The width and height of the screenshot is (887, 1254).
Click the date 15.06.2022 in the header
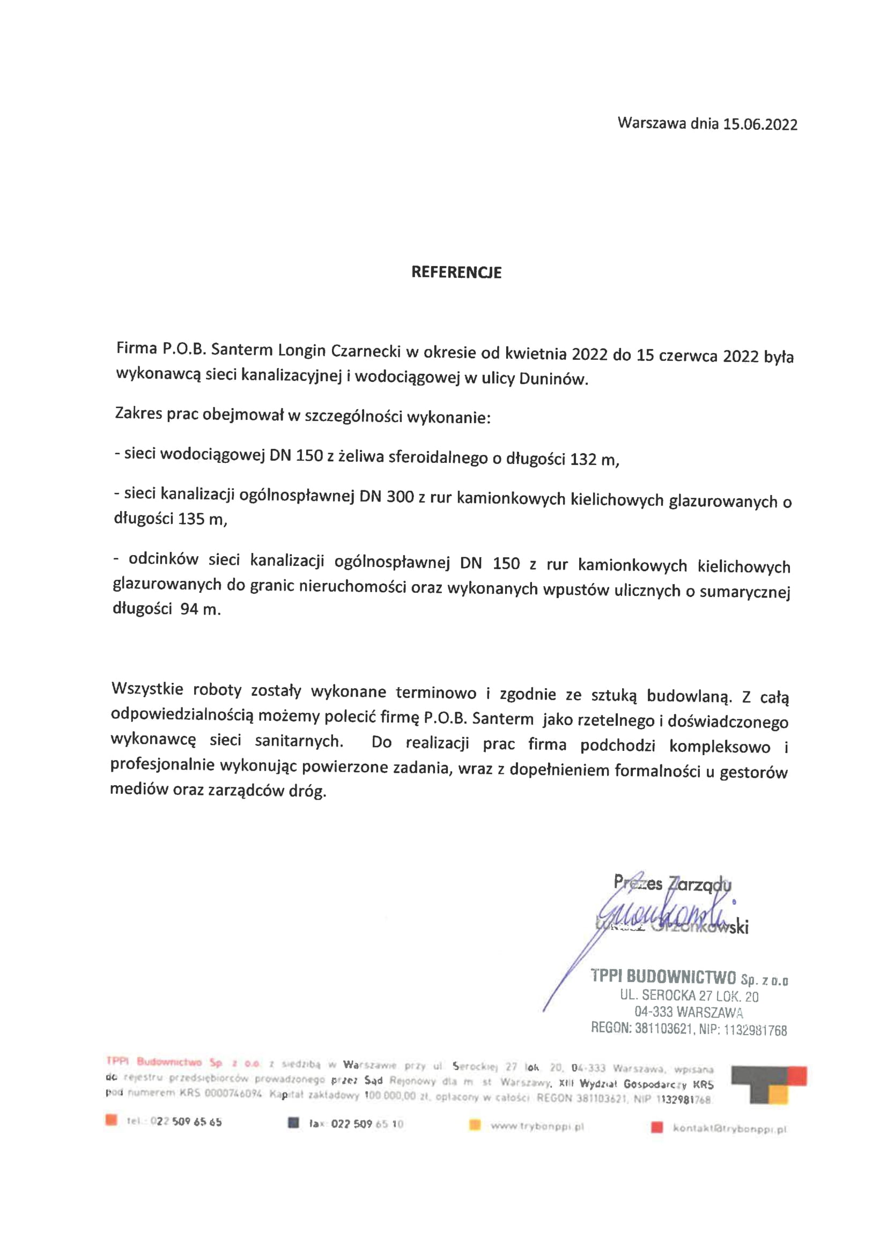pyautogui.click(x=760, y=124)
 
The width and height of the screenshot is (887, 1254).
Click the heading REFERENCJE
pyautogui.click(x=456, y=272)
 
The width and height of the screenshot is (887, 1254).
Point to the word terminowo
pyautogui.click(x=437, y=693)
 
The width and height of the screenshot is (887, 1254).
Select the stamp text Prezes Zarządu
pyautogui.click(x=672, y=883)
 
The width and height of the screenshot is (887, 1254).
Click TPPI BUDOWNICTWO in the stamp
pyautogui.click(x=663, y=976)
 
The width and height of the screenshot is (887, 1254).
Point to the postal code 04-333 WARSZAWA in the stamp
pyautogui.click(x=688, y=1012)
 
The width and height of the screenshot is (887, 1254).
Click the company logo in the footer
pyautogui.click(x=768, y=1084)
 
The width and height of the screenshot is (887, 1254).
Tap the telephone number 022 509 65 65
pyautogui.click(x=186, y=1122)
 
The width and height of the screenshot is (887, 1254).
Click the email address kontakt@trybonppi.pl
pyautogui.click(x=730, y=1128)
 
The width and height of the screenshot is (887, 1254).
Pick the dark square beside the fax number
pyautogui.click(x=293, y=1124)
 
